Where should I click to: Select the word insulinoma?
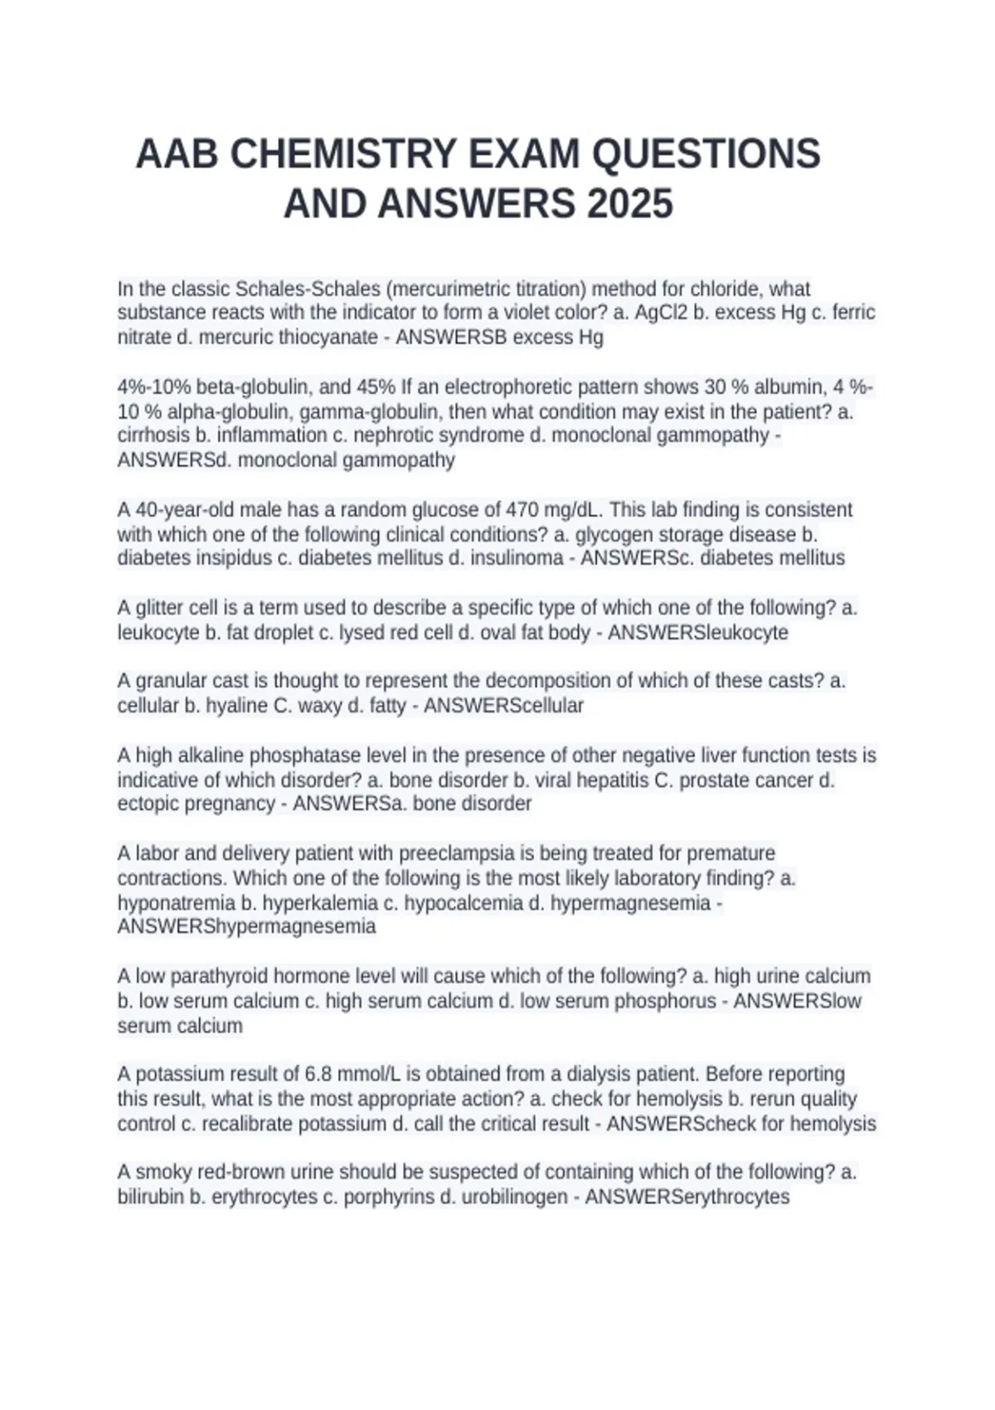coord(517,558)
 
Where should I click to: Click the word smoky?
coord(160,1172)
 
